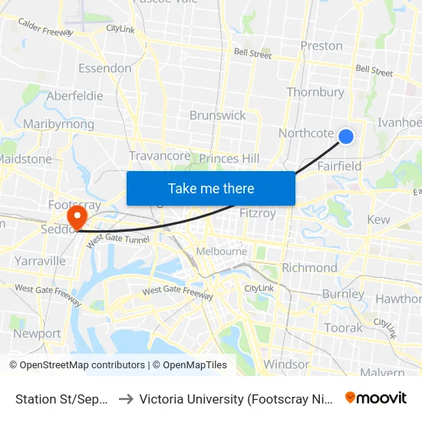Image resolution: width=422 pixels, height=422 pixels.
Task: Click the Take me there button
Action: [x=211, y=188]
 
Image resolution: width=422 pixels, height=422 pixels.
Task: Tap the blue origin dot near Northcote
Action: [x=346, y=137]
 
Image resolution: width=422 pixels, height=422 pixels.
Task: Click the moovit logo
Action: [x=376, y=397]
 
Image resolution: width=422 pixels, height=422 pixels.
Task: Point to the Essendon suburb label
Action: [x=105, y=68]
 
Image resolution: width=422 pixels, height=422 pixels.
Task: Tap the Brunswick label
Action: [x=218, y=115]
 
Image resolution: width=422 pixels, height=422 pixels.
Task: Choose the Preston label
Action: [x=321, y=46]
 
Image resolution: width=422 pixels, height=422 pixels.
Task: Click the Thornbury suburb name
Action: [x=315, y=93]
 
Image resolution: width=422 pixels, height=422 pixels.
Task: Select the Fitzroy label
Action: [x=258, y=213]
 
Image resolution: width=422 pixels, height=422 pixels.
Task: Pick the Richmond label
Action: [x=309, y=268]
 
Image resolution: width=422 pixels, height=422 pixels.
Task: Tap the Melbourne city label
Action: [x=222, y=251]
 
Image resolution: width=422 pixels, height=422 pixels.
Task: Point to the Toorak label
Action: [x=343, y=328]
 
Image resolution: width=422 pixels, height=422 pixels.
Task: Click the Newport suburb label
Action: [x=37, y=334]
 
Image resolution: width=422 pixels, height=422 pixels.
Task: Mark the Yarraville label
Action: [x=41, y=261]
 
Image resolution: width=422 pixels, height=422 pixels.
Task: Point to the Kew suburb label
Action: [x=379, y=220]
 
